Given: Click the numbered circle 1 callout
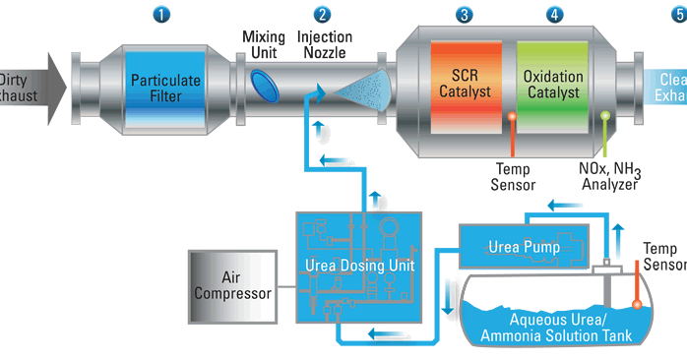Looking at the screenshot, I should [x=162, y=15].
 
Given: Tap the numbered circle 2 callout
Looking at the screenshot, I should [x=322, y=15].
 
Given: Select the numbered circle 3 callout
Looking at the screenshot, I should [x=464, y=15].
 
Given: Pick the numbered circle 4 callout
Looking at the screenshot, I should [x=556, y=15].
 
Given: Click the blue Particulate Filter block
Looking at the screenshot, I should [x=165, y=88].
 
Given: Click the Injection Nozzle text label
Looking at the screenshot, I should [x=325, y=43].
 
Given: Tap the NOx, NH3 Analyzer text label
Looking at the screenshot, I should [x=609, y=175].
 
